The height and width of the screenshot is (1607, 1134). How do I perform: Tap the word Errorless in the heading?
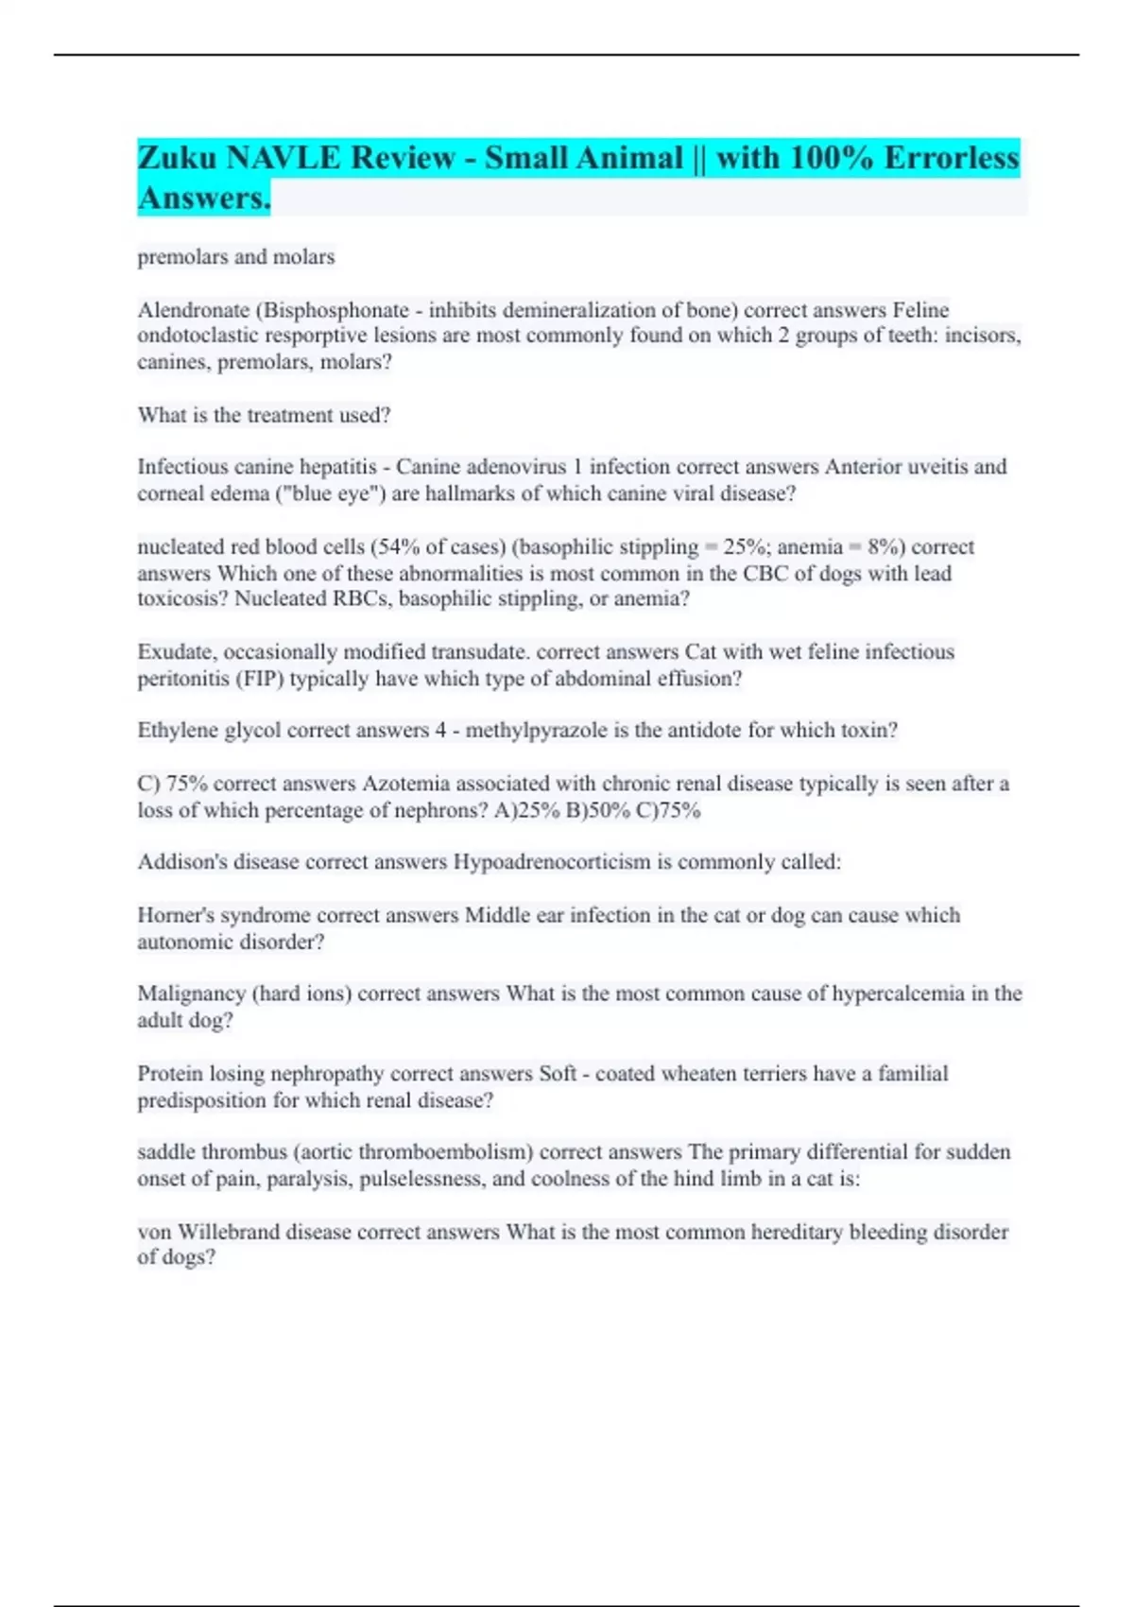(x=952, y=157)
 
